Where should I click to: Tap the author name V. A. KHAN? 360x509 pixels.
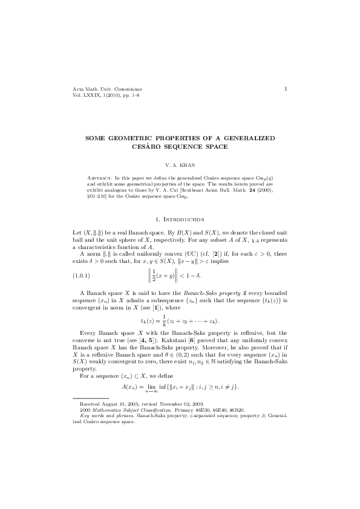click(x=180, y=164)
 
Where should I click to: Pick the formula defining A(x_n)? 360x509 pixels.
click(x=180, y=386)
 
